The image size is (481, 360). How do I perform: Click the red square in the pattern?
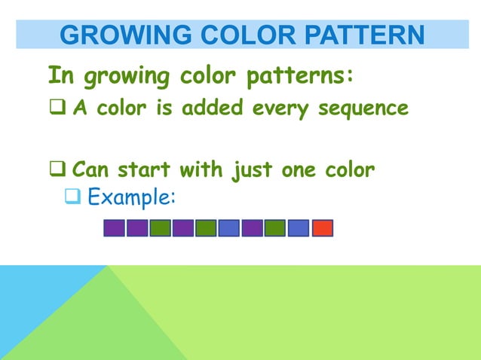point(322,227)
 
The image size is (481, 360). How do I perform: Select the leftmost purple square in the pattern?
point(114,227)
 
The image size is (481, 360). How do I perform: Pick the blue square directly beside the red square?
point(299,227)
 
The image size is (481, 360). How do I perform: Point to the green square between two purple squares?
point(160,227)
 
